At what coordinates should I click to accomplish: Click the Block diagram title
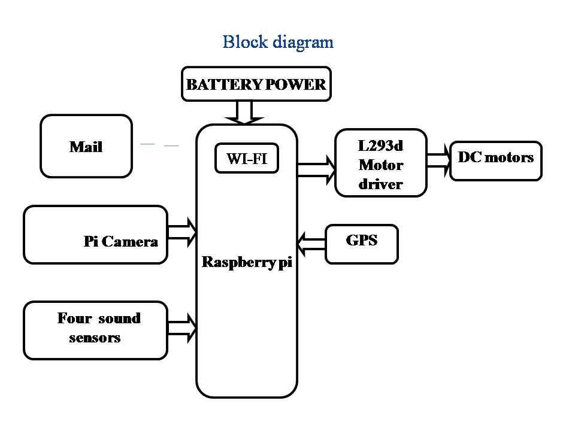coord(278,43)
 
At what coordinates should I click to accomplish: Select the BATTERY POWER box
coord(256,84)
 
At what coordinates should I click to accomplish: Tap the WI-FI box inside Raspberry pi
coord(247,159)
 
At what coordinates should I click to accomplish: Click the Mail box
coord(86,147)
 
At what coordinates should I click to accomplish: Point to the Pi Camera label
coord(121,242)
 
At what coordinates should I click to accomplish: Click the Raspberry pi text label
coord(247,262)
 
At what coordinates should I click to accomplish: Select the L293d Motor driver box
coord(381,163)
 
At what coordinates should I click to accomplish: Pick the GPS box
coord(362,244)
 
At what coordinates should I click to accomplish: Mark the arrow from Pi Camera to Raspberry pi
coord(183,232)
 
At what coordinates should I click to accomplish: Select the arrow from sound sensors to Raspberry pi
coord(183,327)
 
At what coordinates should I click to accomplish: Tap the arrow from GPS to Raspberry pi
coord(311,242)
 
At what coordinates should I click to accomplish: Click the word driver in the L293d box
coord(381,184)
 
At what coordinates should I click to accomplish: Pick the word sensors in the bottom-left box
coord(95,338)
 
